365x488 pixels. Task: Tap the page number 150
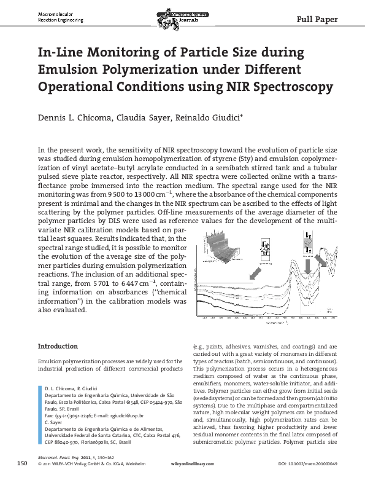pos(22,479)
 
